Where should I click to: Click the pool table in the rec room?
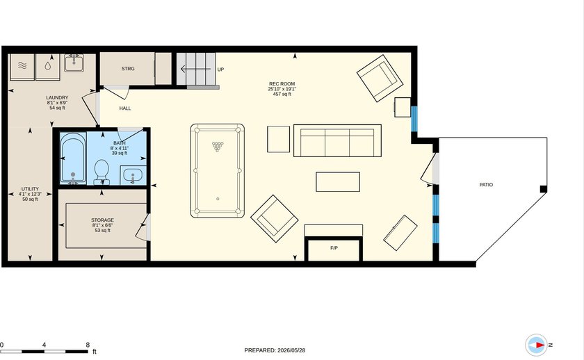pyautogui.click(x=218, y=171)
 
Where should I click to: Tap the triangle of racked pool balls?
pyautogui.click(x=218, y=147)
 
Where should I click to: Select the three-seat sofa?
pyautogui.click(x=337, y=140)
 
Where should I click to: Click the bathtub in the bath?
pyautogui.click(x=73, y=158)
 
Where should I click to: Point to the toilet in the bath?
pyautogui.click(x=102, y=172)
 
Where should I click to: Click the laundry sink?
pyautogui.click(x=74, y=63)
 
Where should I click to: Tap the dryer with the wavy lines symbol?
pyautogui.click(x=22, y=67)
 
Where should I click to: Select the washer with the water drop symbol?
pyautogui.click(x=48, y=67)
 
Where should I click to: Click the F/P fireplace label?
pyautogui.click(x=334, y=248)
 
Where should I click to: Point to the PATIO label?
pyautogui.click(x=486, y=185)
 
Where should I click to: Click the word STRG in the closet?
pyautogui.click(x=128, y=69)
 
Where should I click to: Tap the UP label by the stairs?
pyautogui.click(x=220, y=69)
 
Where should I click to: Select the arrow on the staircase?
pyautogui.click(x=195, y=69)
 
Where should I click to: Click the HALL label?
pyautogui.click(x=125, y=108)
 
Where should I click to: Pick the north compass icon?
pyautogui.click(x=536, y=345)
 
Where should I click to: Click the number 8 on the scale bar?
pyautogui.click(x=88, y=345)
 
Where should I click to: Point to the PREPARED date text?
pyautogui.click(x=275, y=350)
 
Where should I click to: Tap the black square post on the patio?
pyautogui.click(x=544, y=189)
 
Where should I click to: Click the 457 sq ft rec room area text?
pyautogui.click(x=282, y=95)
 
